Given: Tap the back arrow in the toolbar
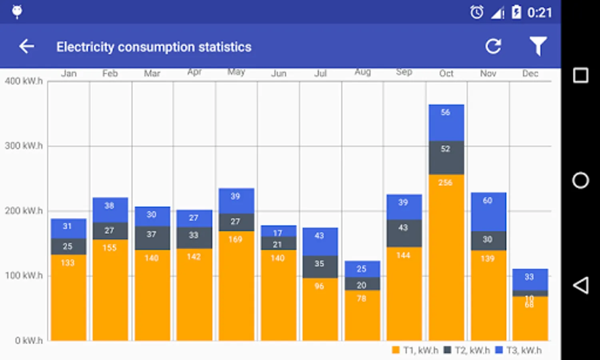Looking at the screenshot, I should click(x=26, y=46).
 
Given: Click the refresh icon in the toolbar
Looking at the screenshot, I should click(x=493, y=46).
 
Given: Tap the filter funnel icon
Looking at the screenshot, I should click(x=538, y=46).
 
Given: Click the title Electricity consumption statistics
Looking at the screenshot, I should click(x=154, y=47).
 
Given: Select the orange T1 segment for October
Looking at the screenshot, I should click(x=446, y=256).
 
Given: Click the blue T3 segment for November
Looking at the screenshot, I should click(x=488, y=212).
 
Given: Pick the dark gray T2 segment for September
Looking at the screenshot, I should click(x=404, y=233).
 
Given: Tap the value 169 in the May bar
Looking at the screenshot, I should click(x=235, y=240).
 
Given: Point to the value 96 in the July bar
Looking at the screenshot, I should click(x=319, y=286).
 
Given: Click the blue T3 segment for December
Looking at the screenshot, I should click(x=530, y=279).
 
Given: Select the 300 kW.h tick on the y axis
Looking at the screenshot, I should click(x=24, y=146).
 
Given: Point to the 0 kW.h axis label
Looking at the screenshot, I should click(x=29, y=340).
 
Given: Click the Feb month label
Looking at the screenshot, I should click(x=110, y=74).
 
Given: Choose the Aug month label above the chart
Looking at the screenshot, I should click(x=363, y=72).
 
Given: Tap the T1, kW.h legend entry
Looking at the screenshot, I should click(x=415, y=350).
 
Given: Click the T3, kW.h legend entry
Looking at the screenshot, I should click(x=518, y=350).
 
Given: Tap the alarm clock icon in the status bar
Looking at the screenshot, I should click(x=476, y=12).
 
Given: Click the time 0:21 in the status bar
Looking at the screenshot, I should click(x=539, y=13).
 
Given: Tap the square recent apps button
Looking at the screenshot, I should click(x=580, y=75).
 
